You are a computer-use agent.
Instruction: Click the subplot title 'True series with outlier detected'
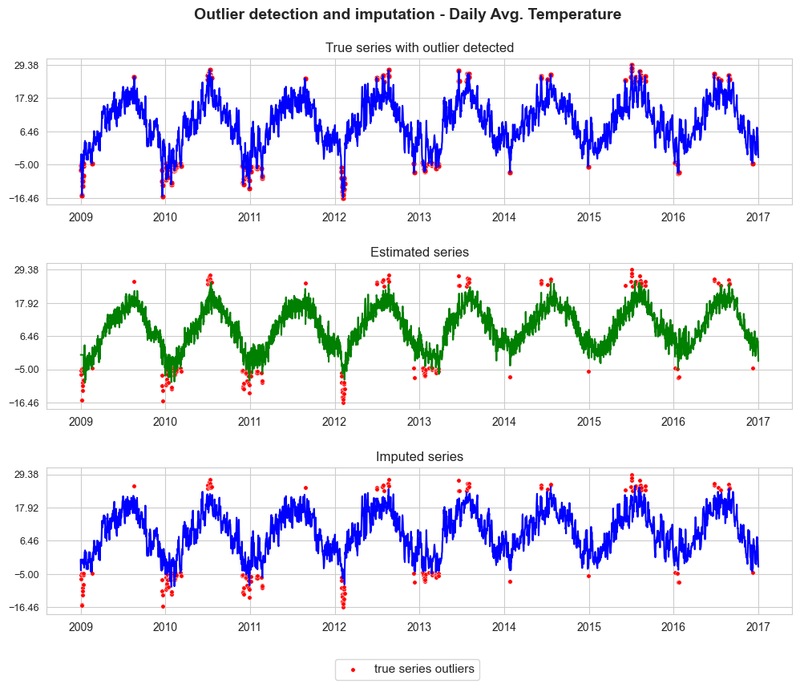pos(419,47)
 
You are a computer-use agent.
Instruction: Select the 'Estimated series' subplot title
pos(419,252)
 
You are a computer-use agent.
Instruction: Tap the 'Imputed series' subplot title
pos(419,456)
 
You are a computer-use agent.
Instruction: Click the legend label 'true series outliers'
pos(424,669)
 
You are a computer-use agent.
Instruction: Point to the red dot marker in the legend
pos(353,670)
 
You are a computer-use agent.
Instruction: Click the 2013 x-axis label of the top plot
pos(419,217)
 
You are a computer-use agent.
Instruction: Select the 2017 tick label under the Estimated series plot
pos(758,422)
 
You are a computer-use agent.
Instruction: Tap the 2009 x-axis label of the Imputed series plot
pos(81,627)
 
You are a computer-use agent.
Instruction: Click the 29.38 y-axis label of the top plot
pos(26,65)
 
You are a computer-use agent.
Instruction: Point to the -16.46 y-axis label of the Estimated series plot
pos(24,403)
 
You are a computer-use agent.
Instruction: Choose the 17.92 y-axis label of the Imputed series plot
pos(26,508)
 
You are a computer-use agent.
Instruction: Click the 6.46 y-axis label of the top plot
pos(29,132)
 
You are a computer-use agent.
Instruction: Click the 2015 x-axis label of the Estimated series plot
pos(588,422)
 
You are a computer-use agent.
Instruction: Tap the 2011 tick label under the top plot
pos(249,217)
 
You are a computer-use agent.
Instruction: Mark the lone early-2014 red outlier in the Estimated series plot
pos(510,377)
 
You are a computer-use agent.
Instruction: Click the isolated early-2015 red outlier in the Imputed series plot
pos(588,576)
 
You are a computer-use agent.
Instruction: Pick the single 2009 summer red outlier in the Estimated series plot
pos(134,281)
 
